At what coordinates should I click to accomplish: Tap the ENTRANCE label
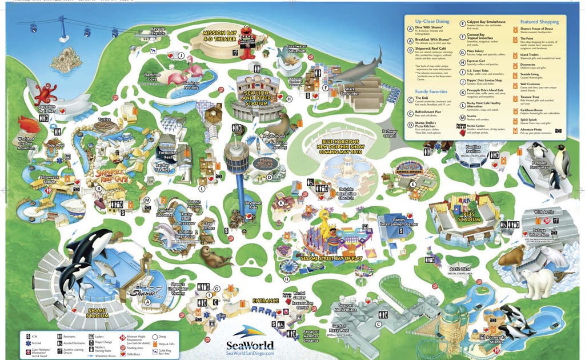click(266, 301)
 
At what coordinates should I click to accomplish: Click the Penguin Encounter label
click(539, 165)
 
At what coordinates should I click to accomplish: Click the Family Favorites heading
click(431, 91)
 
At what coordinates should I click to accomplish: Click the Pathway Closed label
click(390, 134)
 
